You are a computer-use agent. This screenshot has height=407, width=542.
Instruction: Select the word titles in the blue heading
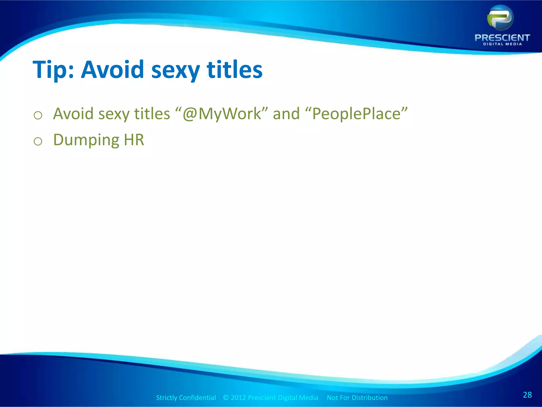coord(234,69)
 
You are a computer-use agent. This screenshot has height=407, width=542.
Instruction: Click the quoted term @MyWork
coord(222,114)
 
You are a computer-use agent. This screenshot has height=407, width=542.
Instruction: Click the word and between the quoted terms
coord(286,114)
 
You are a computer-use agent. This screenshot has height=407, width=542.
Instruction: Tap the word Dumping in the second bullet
coord(86,140)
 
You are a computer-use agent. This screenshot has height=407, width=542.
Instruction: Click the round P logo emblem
coord(500,18)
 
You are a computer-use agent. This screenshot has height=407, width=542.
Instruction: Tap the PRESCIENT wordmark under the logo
coord(502,38)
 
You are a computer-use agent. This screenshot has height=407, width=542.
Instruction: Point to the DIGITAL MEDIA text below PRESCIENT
coord(502,44)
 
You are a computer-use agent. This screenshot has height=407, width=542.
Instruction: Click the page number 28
coord(527,395)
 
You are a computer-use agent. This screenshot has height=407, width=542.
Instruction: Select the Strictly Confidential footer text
coord(186,398)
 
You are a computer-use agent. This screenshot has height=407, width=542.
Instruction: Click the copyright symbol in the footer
coord(226,398)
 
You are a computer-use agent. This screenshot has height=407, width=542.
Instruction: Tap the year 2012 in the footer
coord(238,398)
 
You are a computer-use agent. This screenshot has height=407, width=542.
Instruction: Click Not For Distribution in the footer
coord(357,398)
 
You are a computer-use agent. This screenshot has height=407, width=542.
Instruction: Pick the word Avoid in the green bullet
coord(73,114)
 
